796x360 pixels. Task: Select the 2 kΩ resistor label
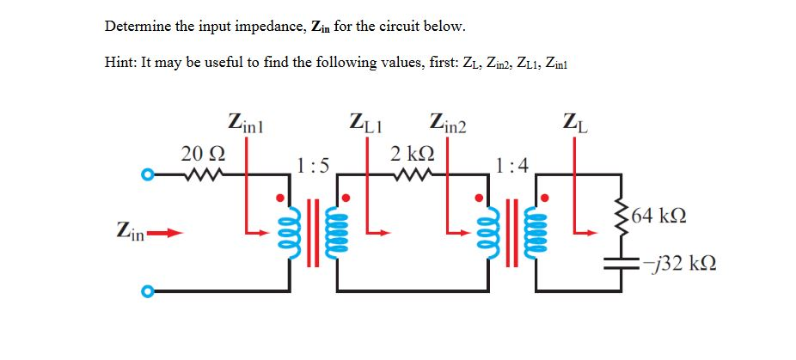[x=411, y=154]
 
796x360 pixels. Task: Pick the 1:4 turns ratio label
[x=512, y=164]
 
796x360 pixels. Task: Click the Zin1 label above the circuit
[x=248, y=121]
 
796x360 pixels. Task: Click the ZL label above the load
[x=574, y=121]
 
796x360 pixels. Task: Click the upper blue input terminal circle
[x=148, y=177]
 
